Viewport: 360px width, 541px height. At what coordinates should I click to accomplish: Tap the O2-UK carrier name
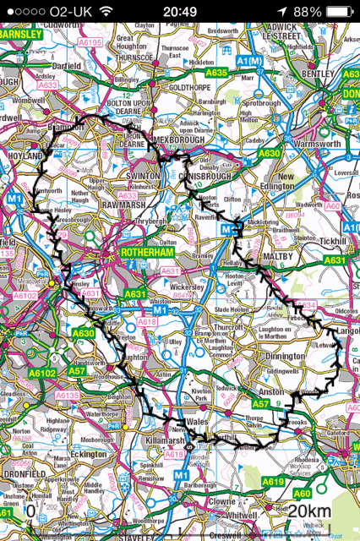(71, 12)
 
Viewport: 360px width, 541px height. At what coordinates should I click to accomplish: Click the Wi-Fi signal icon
(106, 12)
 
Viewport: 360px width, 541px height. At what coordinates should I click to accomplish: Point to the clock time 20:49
(179, 12)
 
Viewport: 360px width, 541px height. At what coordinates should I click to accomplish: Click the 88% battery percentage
(308, 12)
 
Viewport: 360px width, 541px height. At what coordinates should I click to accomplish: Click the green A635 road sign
(217, 74)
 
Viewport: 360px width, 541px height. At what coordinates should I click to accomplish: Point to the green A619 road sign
(272, 481)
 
